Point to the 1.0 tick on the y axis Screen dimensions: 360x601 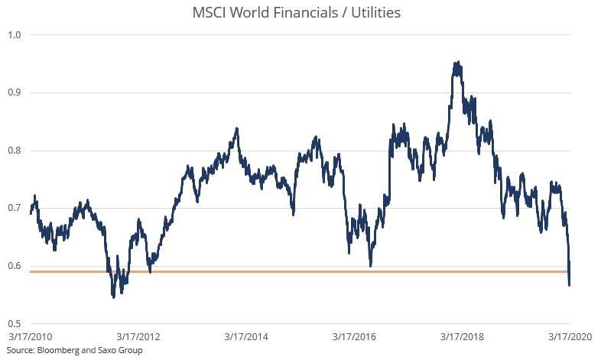pyautogui.click(x=14, y=34)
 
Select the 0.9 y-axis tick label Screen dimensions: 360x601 pyautogui.click(x=14, y=92)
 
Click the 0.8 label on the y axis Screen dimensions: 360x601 pyautogui.click(x=14, y=151)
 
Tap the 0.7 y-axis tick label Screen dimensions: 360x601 pyautogui.click(x=14, y=208)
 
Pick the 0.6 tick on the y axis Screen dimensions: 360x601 pyautogui.click(x=14, y=266)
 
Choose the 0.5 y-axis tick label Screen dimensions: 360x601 pyautogui.click(x=14, y=324)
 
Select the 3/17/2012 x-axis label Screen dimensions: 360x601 pyautogui.click(x=138, y=336)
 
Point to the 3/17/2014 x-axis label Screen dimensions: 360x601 pyautogui.click(x=246, y=336)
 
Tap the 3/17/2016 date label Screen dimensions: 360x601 pyautogui.click(x=354, y=336)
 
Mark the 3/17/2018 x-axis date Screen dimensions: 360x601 pyautogui.click(x=462, y=336)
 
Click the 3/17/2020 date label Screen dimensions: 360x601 pyautogui.click(x=570, y=336)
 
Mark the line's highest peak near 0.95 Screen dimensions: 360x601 pyautogui.click(x=456, y=63)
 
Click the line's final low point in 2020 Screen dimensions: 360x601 pyautogui.click(x=570, y=285)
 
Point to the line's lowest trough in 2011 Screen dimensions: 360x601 pyautogui.click(x=114, y=296)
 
